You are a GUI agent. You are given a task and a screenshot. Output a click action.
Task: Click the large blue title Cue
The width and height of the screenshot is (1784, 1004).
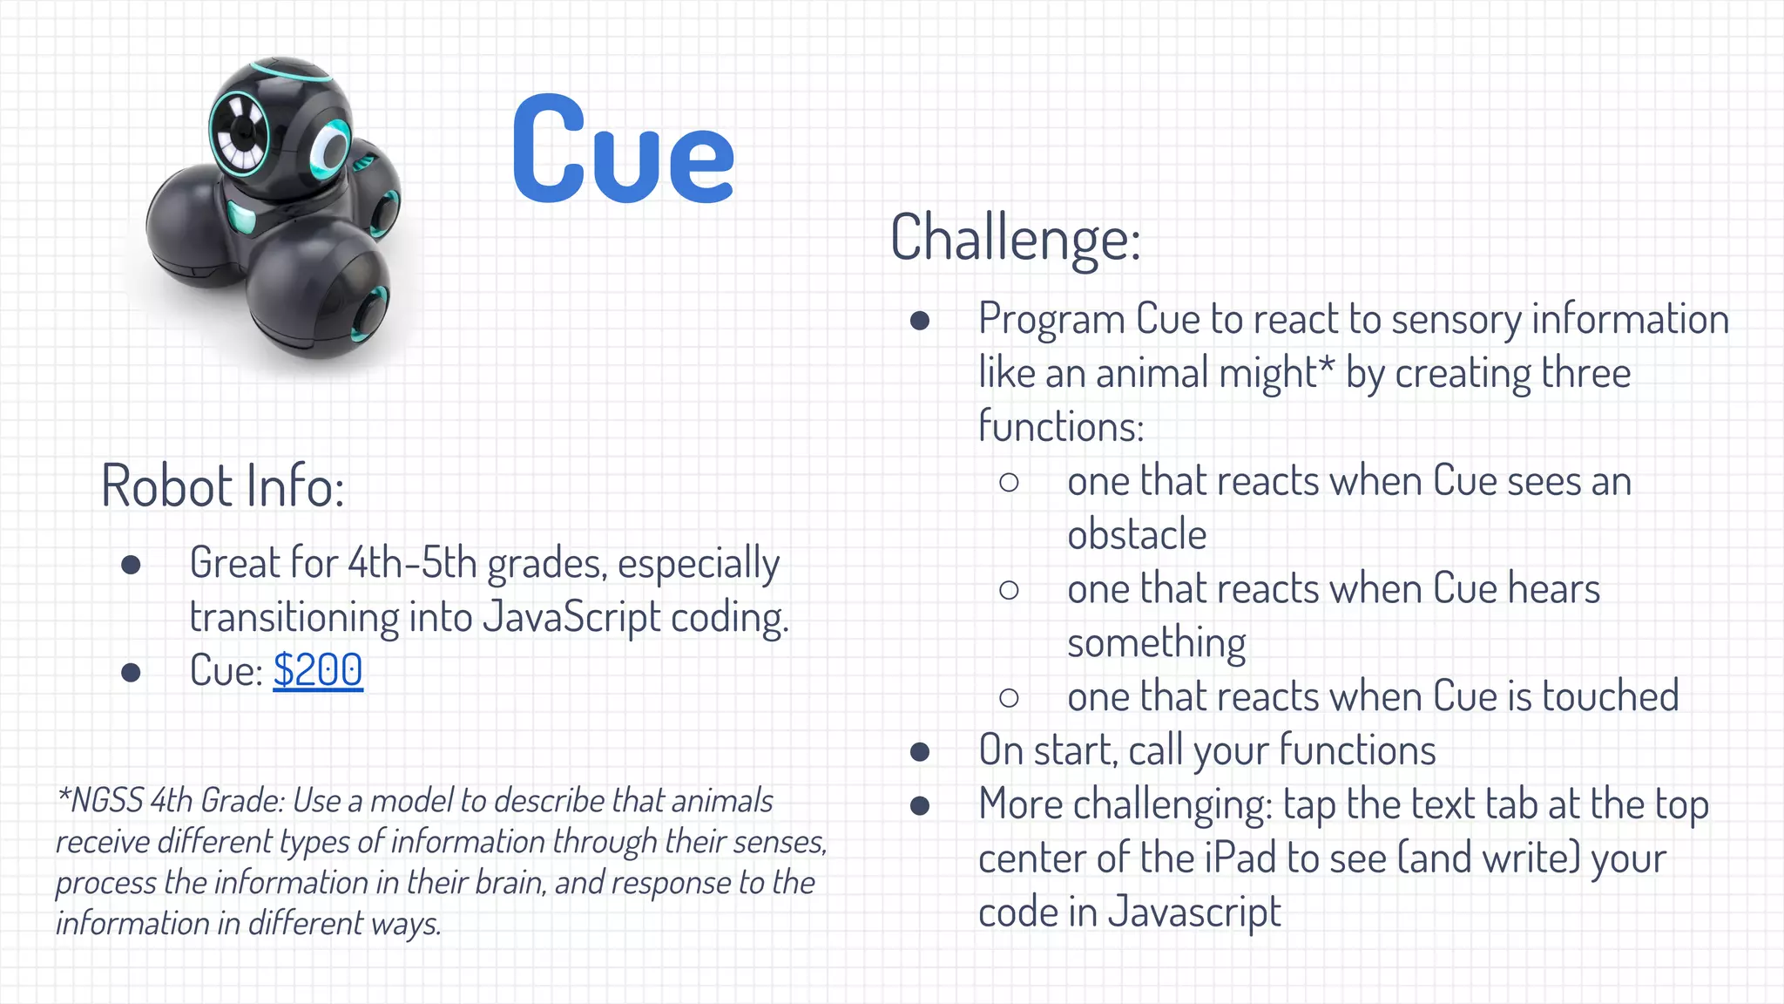622,150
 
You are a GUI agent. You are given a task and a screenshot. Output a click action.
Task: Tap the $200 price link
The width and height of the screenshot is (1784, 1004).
318,670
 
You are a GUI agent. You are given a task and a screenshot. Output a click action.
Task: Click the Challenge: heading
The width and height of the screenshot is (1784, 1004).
1015,237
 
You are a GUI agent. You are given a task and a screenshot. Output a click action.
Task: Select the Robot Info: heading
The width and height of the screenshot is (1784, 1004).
223,485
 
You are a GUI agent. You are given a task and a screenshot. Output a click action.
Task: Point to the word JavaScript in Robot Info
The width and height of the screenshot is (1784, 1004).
571,618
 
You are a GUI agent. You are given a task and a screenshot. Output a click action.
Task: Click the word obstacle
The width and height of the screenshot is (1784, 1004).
1137,534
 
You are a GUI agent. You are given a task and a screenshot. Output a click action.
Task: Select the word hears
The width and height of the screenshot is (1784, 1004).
1554,589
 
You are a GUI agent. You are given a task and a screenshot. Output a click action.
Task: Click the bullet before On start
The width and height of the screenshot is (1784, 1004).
920,751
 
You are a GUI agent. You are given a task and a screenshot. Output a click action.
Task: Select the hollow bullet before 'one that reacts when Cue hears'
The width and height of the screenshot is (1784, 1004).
1009,590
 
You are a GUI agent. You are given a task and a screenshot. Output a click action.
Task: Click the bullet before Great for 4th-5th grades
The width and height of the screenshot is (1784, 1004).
132,565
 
